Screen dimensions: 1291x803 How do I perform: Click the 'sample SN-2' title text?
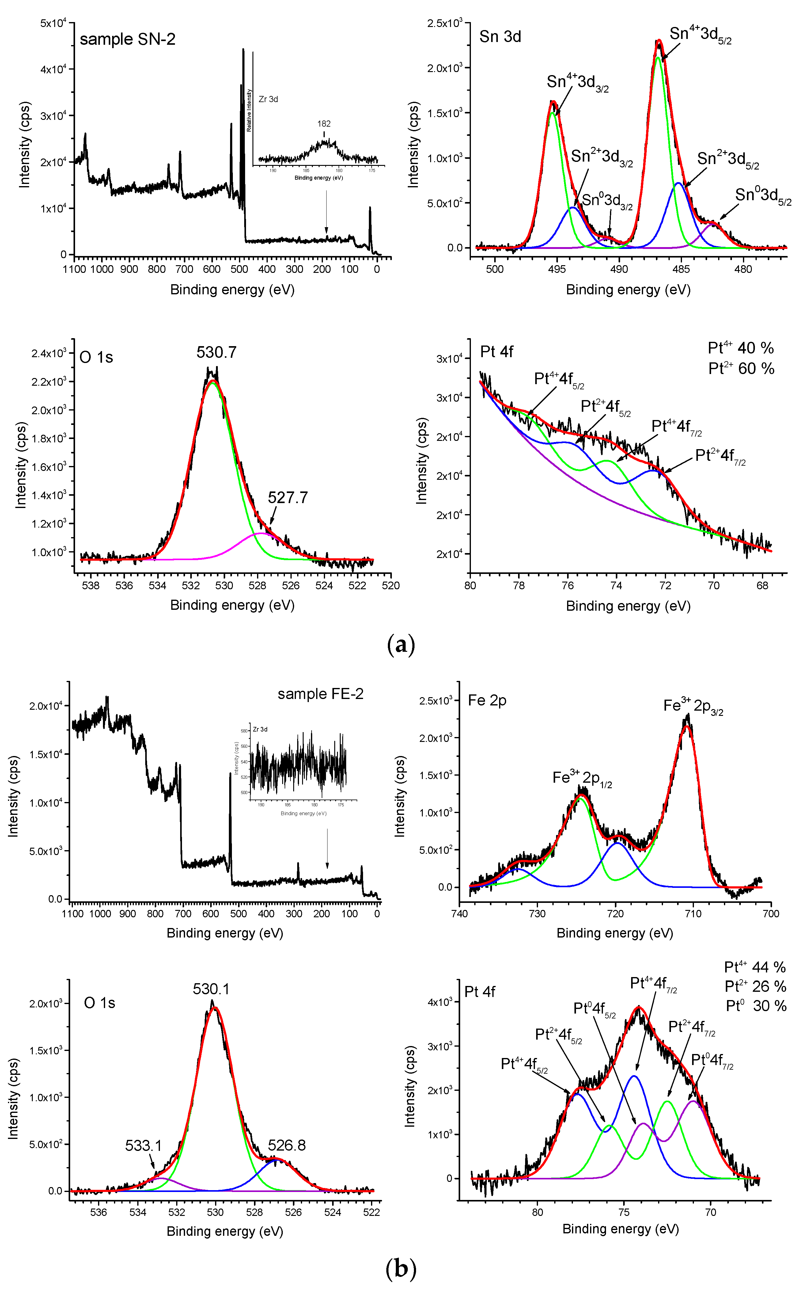pyautogui.click(x=127, y=39)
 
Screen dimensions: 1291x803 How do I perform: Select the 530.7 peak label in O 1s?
pyautogui.click(x=216, y=352)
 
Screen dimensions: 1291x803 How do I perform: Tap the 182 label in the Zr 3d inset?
pyautogui.click(x=324, y=124)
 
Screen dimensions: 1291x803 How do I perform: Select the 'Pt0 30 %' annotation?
pyautogui.click(x=756, y=1006)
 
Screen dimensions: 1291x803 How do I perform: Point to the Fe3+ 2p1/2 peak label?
pyautogui.click(x=582, y=778)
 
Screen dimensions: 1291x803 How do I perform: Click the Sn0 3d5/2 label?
pyautogui.click(x=763, y=196)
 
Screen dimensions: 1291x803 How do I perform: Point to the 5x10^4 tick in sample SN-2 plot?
pyautogui.click(x=53, y=23)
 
